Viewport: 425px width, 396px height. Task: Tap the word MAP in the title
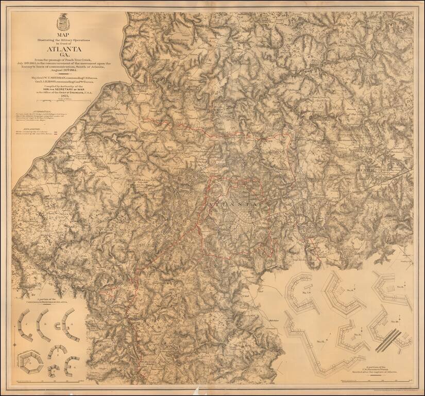tap(64, 35)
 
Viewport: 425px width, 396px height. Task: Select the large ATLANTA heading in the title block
tap(64, 50)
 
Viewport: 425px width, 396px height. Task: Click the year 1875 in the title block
tap(64, 96)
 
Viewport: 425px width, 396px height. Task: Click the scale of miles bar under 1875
tap(64, 102)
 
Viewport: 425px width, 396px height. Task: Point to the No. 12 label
tap(320, 341)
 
